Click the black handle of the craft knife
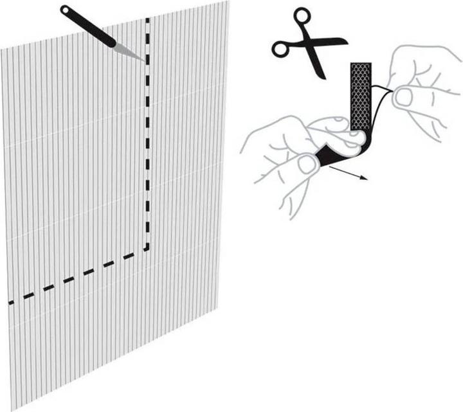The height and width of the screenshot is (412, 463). pyautogui.click(x=90, y=26)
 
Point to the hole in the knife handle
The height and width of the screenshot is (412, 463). pyautogui.click(x=66, y=10)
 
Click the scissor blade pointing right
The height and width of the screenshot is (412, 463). pyautogui.click(x=331, y=42)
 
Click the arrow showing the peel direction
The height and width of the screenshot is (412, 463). pyautogui.click(x=350, y=174)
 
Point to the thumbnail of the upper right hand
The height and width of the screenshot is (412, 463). pyautogui.click(x=404, y=97)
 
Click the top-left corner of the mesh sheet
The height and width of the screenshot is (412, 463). pyautogui.click(x=1, y=49)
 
